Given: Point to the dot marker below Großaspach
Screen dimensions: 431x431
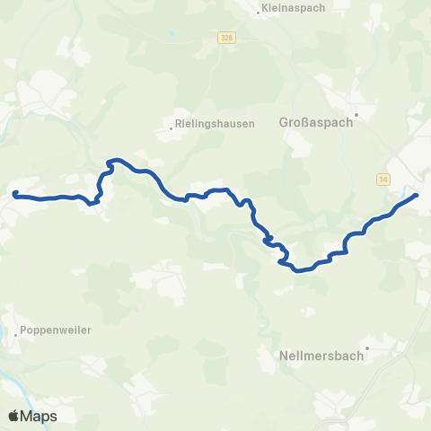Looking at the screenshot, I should point(356,115).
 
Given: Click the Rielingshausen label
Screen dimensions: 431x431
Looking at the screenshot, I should point(215,124).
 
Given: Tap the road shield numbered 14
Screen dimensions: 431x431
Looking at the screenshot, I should point(383,180).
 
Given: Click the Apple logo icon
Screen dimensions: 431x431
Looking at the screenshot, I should point(14,416).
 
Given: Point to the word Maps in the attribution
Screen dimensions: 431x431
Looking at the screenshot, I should point(40,417).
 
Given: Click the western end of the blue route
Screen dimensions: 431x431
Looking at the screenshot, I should point(14,193).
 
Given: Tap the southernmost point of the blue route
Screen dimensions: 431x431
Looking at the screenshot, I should point(297,269).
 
